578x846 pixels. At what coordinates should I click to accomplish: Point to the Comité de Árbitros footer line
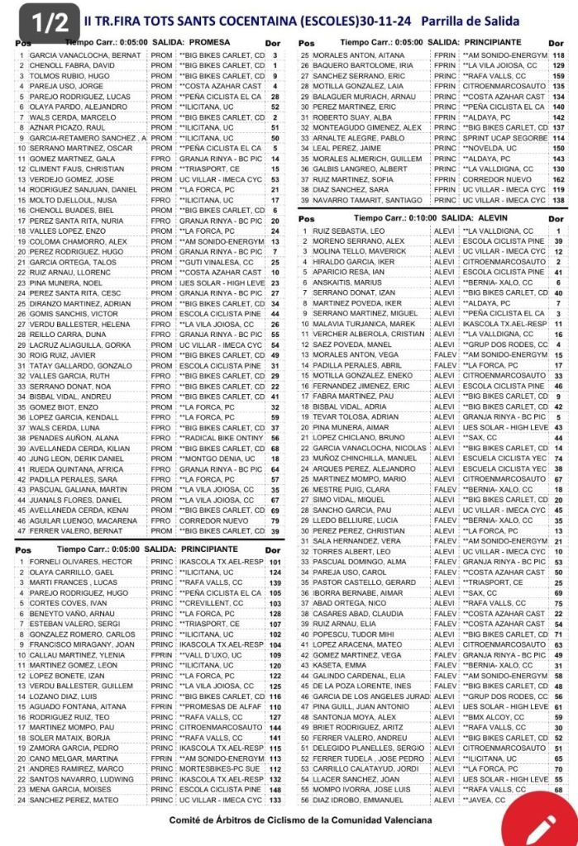300,820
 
